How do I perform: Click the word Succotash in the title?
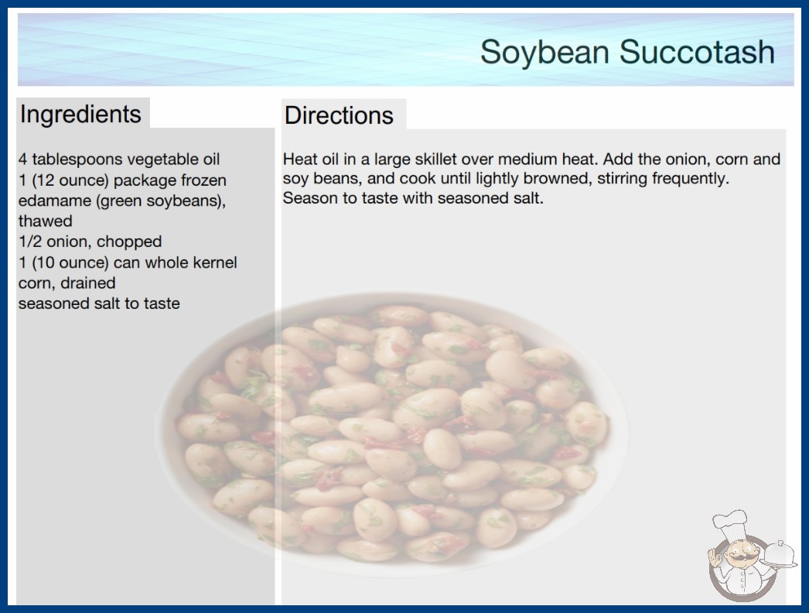(x=697, y=52)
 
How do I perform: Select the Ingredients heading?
(x=80, y=114)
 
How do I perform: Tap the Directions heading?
(x=339, y=115)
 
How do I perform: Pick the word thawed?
(x=46, y=221)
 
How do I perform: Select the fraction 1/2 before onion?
(x=30, y=241)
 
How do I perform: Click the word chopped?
(x=129, y=242)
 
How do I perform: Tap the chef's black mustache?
(x=740, y=558)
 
